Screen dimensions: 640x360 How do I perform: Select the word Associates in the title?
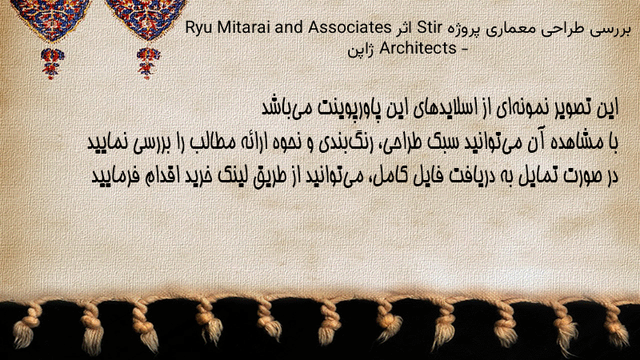tap(350, 27)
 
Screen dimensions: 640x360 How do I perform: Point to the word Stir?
tap(430, 28)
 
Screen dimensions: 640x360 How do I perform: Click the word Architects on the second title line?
tap(418, 48)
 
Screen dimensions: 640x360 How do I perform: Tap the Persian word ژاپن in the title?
tap(361, 50)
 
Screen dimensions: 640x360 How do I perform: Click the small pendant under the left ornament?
tap(52, 63)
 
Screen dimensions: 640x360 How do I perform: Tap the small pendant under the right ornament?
tap(148, 62)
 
